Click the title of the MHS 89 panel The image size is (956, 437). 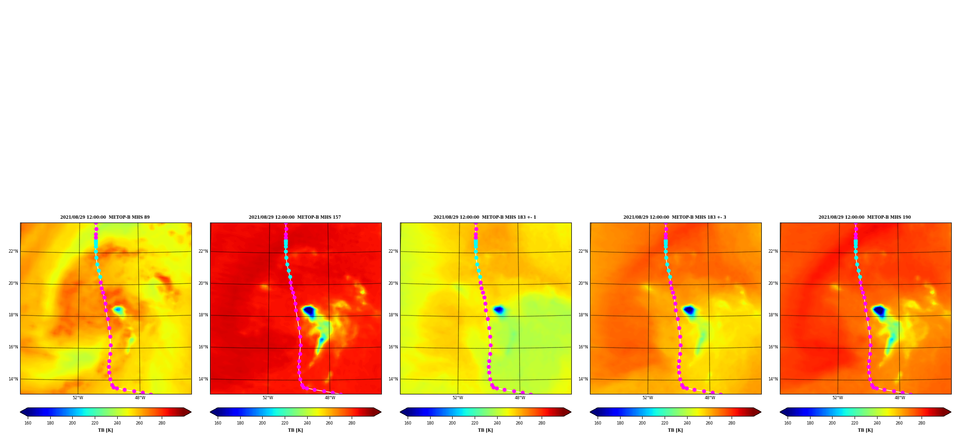click(105, 217)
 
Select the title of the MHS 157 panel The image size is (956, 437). click(295, 217)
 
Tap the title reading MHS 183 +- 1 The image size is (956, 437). click(485, 217)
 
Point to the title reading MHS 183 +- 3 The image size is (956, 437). click(675, 217)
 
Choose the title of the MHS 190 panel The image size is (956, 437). click(865, 217)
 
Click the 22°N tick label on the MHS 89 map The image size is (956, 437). click(13, 251)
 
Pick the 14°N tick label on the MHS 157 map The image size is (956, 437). click(203, 379)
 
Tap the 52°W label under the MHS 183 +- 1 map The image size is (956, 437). click(457, 398)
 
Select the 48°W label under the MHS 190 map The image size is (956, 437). click(900, 398)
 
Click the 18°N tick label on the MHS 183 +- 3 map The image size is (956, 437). click(583, 315)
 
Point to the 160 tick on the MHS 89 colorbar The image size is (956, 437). click(28, 423)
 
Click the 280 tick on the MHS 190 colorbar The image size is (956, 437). click(922, 423)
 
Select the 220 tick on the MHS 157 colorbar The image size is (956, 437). click(285, 423)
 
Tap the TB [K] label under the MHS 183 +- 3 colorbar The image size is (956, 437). click(675, 430)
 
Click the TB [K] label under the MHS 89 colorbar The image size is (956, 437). click(105, 430)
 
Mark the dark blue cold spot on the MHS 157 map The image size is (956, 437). click(309, 311)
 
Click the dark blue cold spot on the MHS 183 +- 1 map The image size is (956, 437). click(499, 310)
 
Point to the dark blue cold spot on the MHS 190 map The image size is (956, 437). click(879, 311)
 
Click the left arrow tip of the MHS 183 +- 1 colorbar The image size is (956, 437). click(400, 412)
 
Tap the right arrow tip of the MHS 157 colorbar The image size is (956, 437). click(381, 412)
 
